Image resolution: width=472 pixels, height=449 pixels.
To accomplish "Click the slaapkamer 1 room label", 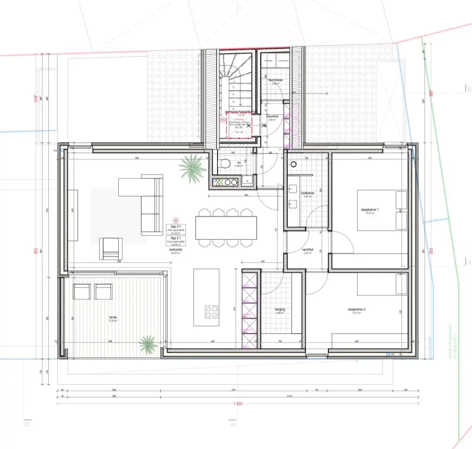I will pos(369,210).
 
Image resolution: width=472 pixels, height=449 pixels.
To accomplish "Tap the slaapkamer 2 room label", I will pos(356,309).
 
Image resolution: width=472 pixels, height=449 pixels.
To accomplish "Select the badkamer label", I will pos(308,193).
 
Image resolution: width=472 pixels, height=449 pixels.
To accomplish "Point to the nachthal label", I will pos(308,250).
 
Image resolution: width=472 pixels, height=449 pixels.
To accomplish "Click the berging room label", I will pos(279,310).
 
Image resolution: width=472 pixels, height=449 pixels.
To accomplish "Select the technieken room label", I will pos(276,80).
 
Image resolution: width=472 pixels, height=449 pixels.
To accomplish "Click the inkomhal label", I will pos(272,116).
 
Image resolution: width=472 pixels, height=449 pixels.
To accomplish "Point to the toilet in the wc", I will pos(225,163).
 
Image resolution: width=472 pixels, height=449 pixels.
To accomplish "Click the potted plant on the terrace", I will pos(148,344).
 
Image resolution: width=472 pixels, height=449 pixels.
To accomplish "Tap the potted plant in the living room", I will pos(193,168).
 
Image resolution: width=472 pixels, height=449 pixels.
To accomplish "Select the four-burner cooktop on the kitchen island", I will pos(212,311).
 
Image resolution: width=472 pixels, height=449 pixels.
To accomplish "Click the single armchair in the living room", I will pos(111,248).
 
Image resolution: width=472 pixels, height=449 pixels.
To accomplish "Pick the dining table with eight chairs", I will pos(226,228).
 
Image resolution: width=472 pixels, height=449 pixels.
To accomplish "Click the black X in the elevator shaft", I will pos(249,124).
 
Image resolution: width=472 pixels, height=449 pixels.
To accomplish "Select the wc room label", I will pos(238,163).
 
